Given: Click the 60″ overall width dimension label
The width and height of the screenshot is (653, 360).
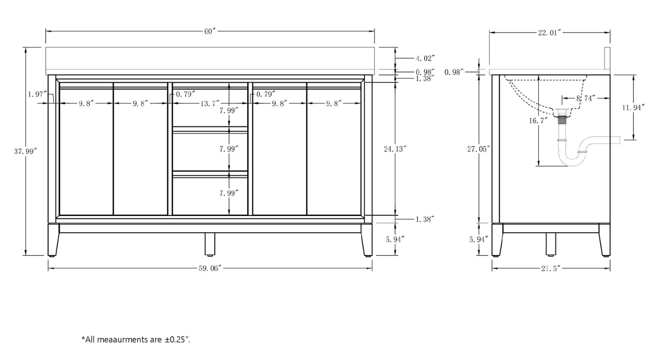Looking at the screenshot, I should click(210, 31).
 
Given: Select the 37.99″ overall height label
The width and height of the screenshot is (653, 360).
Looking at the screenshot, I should click(26, 151).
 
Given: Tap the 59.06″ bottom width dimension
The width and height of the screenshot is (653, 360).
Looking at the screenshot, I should click(210, 268).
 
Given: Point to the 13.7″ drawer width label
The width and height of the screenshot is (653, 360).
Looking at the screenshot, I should click(210, 103).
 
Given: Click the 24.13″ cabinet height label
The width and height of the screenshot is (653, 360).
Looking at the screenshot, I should click(395, 149).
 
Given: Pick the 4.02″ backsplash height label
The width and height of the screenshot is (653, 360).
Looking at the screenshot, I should click(425, 58).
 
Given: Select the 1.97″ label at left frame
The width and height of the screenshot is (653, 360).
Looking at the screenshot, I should click(38, 94).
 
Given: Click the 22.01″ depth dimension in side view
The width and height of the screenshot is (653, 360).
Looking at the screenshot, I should click(550, 33).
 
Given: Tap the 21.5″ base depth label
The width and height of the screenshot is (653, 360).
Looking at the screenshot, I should click(551, 269).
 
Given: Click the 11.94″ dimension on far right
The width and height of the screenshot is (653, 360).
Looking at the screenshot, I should click(633, 107).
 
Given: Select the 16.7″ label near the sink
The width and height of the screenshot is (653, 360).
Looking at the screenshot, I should click(538, 120).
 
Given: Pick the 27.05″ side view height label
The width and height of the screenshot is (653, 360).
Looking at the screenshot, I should click(478, 149).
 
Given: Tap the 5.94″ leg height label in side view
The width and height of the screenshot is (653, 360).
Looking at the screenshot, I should click(478, 239).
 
